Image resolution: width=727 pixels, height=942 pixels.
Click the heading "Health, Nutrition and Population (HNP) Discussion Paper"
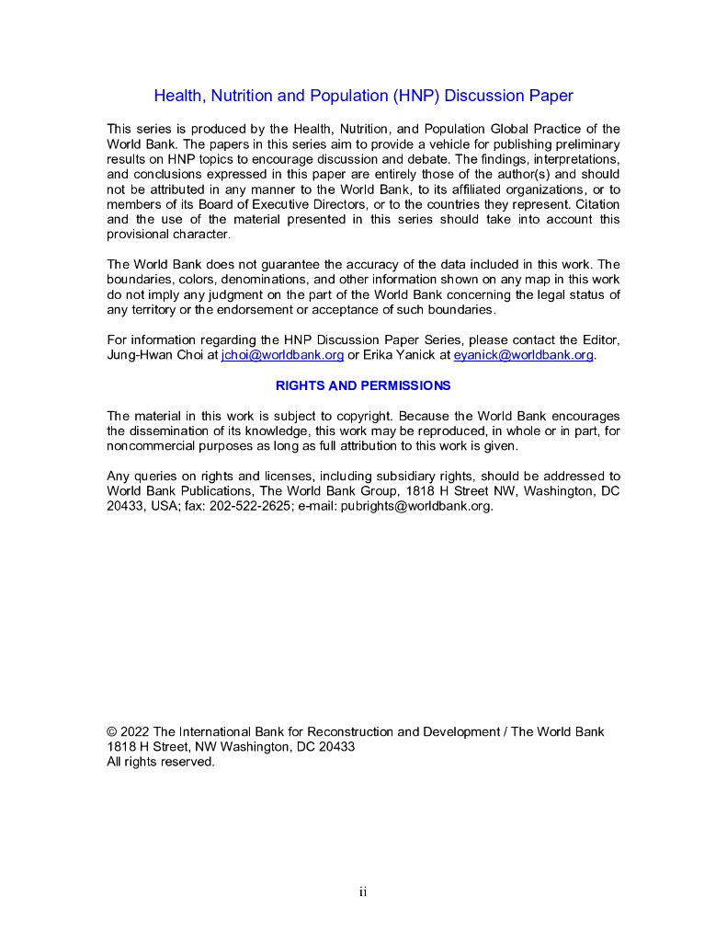363,96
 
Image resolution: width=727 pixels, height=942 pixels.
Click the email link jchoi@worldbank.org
282,355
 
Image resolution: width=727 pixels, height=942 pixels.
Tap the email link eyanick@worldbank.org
523,355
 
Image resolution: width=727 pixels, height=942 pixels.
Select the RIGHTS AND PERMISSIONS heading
363,385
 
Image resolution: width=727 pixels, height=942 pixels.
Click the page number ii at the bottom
363,891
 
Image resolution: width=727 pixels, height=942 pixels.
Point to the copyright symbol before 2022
112,732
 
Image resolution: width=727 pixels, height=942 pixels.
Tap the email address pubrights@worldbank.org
417,506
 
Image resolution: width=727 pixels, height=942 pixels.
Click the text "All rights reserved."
161,762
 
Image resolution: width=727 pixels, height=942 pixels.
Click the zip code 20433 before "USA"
125,506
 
